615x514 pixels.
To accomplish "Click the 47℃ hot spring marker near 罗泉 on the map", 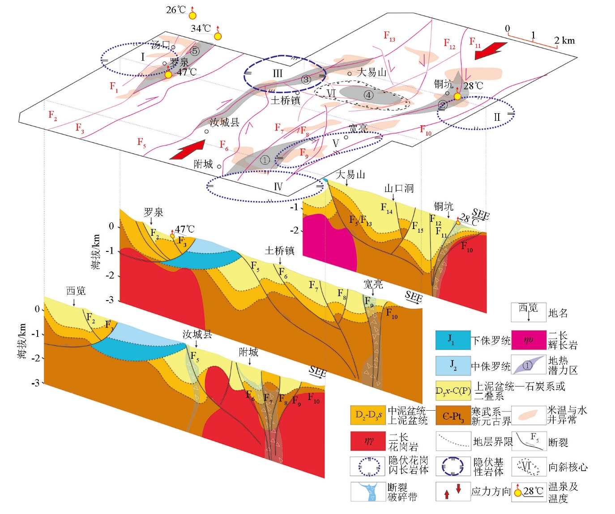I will click(x=168, y=75).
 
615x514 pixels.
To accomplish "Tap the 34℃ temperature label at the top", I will click(x=201, y=29).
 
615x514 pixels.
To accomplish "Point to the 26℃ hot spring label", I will click(x=175, y=10).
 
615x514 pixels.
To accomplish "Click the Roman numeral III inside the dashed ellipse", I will click(x=278, y=74).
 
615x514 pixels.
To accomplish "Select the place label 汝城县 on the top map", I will click(x=224, y=122).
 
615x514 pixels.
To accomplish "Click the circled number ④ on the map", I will click(x=368, y=95).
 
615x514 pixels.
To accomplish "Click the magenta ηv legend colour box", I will click(x=529, y=340).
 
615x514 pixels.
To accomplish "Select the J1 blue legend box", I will click(x=453, y=340).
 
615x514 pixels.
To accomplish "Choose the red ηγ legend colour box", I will click(x=367, y=441).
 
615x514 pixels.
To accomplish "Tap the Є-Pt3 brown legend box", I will click(x=453, y=416).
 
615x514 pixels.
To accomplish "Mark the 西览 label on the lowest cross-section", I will click(x=76, y=291).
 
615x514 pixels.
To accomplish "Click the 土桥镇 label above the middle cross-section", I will click(x=279, y=251).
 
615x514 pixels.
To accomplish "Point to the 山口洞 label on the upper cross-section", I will click(x=399, y=188).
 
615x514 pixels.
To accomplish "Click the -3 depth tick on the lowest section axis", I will click(x=35, y=383).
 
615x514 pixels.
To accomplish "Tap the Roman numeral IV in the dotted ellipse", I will click(x=278, y=187).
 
